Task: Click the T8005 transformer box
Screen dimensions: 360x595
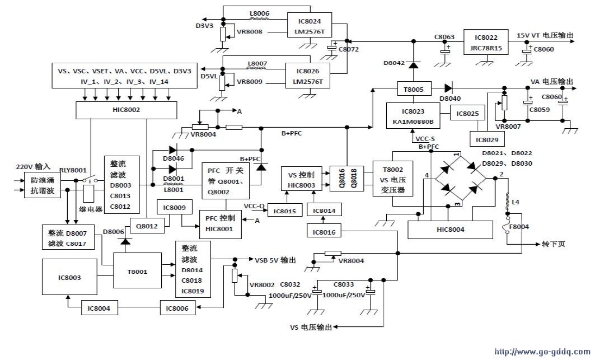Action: (x=413, y=88)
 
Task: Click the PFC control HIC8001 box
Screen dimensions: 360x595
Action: (x=221, y=223)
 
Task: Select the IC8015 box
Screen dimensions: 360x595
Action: (x=285, y=211)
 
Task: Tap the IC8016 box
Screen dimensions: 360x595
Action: (x=325, y=232)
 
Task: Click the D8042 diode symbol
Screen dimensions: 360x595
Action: (x=413, y=64)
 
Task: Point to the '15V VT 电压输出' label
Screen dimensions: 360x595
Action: (x=545, y=35)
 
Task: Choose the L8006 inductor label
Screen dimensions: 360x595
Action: (x=259, y=13)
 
